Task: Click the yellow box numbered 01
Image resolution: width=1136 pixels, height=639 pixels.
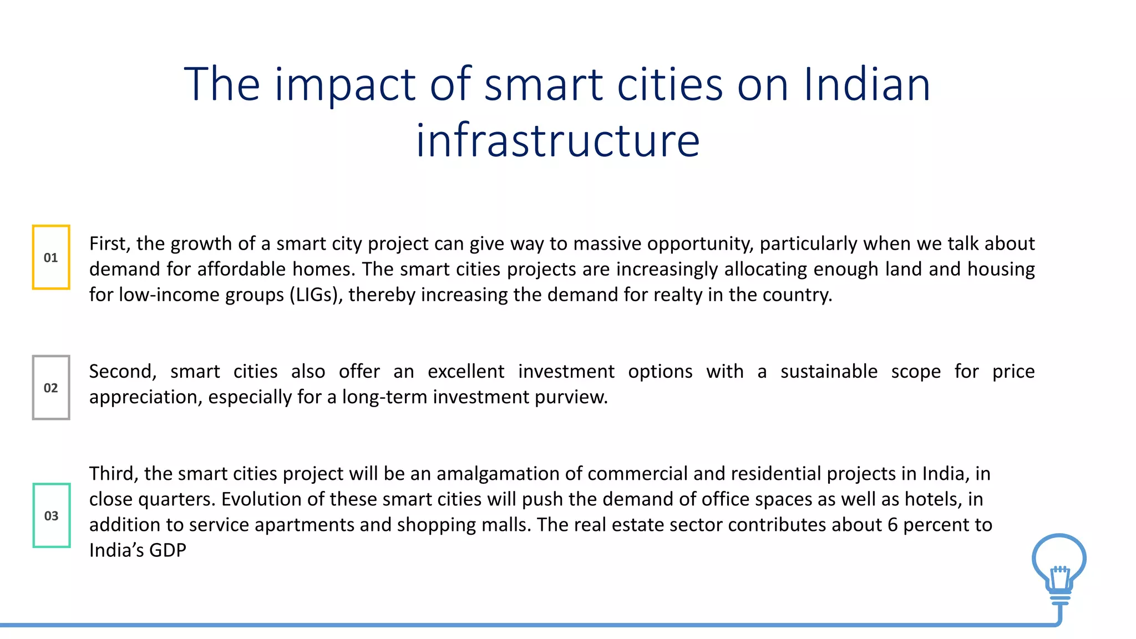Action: [51, 257]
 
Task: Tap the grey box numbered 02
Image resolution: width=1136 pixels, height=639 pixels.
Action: [51, 388]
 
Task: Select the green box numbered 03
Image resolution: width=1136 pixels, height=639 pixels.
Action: [52, 516]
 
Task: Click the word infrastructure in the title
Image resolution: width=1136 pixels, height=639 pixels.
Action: [558, 140]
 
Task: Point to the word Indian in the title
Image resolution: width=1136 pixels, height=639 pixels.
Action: [866, 84]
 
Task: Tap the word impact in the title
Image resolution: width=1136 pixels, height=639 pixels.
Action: [345, 84]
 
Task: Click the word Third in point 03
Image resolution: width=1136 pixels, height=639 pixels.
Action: [114, 474]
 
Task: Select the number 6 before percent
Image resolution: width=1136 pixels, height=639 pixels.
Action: [892, 525]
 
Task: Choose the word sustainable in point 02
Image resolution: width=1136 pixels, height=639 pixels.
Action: [829, 371]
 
